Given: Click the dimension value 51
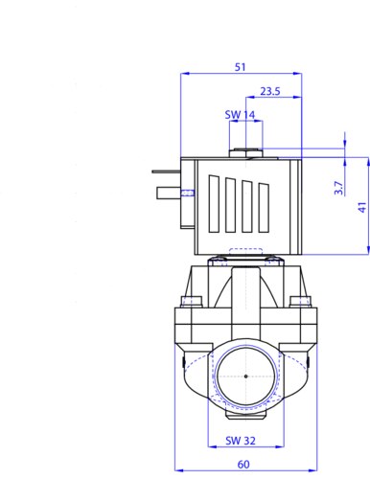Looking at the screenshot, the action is pos(241,67).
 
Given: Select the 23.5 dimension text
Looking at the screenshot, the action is pos(270,91).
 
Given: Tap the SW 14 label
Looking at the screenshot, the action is pos(240,115).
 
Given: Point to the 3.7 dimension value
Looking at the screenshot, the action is pos(338,188).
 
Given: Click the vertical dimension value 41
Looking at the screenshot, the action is pos(362,208).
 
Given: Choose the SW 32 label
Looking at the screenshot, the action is pos(241,441).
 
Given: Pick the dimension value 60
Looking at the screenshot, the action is pos(243,465).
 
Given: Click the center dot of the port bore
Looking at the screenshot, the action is pos(245,376).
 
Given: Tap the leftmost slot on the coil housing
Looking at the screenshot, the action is pos(215,203).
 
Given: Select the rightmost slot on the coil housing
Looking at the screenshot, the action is pos(264,208).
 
